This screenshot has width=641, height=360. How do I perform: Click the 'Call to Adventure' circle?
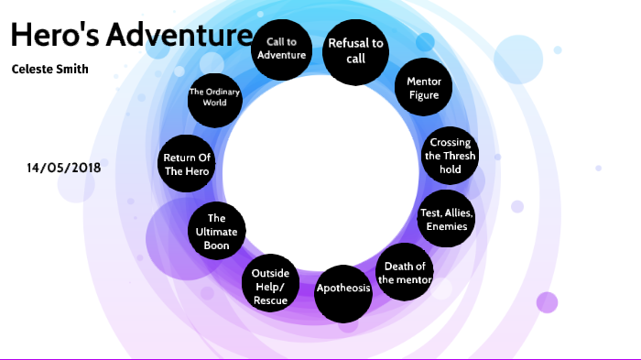[280, 48]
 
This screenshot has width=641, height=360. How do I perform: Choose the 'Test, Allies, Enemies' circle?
[446, 220]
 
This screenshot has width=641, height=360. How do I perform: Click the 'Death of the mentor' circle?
[404, 273]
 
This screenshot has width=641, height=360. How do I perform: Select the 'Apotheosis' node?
[343, 289]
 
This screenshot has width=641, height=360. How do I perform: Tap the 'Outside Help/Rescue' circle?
[270, 287]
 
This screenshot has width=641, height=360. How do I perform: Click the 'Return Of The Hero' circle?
[187, 165]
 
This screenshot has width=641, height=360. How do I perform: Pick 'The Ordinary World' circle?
[214, 97]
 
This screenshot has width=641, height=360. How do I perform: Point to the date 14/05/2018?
[64, 168]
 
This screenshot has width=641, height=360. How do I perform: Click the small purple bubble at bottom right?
[547, 302]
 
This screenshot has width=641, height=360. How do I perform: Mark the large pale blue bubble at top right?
[518, 59]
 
